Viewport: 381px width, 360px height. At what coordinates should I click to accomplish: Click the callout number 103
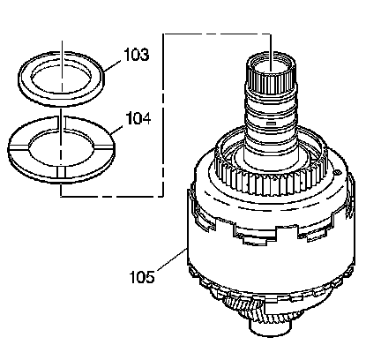pyautogui.click(x=137, y=55)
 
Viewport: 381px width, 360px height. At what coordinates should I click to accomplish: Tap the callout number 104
pyautogui.click(x=138, y=118)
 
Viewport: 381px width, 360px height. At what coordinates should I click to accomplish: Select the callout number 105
pyautogui.click(x=142, y=277)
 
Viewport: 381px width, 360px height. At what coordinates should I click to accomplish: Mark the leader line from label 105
pyautogui.click(x=172, y=259)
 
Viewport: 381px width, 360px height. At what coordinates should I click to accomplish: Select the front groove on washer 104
pyautogui.click(x=61, y=173)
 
